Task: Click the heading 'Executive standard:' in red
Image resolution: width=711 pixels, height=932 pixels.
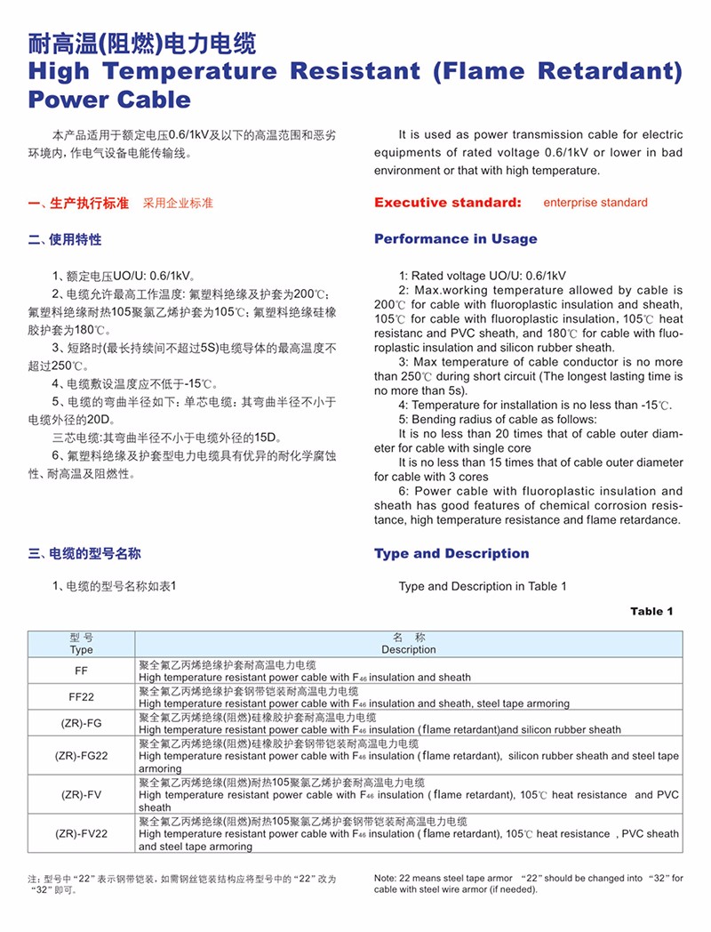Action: (447, 203)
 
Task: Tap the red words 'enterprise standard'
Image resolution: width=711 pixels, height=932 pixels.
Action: (595, 203)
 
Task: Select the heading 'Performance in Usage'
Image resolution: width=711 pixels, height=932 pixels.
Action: (455, 239)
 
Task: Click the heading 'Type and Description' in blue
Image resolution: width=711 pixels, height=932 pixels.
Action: (451, 554)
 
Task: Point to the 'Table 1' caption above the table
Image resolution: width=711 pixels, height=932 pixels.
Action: (651, 611)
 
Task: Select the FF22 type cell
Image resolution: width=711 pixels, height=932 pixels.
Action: (81, 697)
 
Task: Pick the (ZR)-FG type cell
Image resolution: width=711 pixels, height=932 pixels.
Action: (81, 723)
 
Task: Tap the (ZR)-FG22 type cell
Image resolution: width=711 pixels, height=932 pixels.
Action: (81, 755)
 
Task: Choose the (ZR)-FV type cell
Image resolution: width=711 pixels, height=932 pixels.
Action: (81, 794)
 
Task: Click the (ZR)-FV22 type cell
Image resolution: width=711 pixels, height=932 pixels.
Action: (81, 833)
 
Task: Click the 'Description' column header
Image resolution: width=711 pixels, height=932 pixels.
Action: (409, 649)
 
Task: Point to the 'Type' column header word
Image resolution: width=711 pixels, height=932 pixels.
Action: (81, 650)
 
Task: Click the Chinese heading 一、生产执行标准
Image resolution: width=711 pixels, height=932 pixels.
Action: (78, 203)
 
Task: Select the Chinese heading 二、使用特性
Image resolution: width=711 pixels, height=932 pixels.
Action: (65, 240)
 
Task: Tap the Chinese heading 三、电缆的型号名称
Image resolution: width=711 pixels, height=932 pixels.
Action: (84, 554)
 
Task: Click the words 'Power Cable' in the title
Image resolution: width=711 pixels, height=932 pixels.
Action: (109, 100)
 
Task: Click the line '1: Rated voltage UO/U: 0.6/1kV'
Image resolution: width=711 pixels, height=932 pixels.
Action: (483, 276)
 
